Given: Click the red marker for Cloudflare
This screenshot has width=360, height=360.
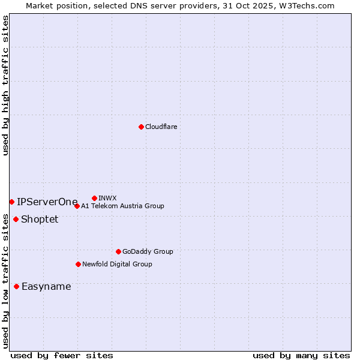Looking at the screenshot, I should click(141, 127).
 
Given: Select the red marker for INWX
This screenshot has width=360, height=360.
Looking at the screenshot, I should click(94, 198).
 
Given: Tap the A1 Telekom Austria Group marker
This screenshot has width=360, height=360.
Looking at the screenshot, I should click(77, 206).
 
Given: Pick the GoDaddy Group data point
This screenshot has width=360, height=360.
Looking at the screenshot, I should click(118, 251).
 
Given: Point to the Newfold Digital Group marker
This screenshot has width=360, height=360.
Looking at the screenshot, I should click(78, 264).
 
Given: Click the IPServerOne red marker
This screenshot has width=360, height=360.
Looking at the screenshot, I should click(11, 202).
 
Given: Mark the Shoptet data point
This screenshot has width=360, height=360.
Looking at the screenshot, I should click(16, 219).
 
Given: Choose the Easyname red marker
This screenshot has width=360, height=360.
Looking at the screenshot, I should click(16, 286).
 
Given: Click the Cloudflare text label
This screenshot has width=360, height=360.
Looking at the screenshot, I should click(161, 127).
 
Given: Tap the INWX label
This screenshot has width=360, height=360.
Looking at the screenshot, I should click(107, 198).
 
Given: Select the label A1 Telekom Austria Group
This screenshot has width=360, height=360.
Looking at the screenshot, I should click(122, 206).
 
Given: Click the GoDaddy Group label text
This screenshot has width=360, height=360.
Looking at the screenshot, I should click(148, 251).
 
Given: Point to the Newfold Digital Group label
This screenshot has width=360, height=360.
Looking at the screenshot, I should click(117, 264).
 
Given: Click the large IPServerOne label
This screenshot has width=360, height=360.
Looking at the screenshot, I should click(47, 202).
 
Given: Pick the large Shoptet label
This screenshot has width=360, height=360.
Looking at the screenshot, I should click(40, 219).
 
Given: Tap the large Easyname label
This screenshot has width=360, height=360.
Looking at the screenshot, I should click(46, 286).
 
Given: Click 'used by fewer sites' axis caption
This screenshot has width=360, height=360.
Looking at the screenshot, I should click(62, 355).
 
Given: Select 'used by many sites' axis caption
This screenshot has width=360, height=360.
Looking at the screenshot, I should click(301, 355).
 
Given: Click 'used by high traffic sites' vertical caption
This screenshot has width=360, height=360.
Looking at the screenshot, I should click(5, 85).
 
